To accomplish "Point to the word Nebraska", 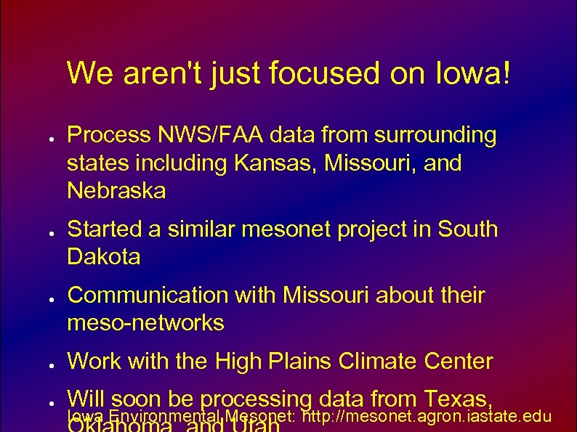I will [x=116, y=191].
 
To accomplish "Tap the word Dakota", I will [x=103, y=257].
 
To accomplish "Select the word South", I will [x=468, y=229].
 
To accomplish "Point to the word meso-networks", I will [x=145, y=323].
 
